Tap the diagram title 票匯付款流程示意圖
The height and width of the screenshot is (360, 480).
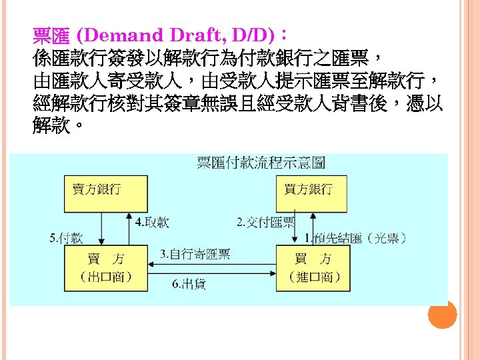(x=261, y=162)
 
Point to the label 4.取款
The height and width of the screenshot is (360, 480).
(x=152, y=222)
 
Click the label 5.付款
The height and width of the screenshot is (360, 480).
(x=67, y=237)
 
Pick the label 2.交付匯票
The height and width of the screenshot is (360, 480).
(x=265, y=222)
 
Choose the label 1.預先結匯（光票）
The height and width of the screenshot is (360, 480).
(x=356, y=237)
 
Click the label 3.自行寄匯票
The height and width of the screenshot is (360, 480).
(x=195, y=254)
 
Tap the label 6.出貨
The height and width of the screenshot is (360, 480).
(x=189, y=284)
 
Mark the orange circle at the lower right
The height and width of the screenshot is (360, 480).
(x=443, y=314)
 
